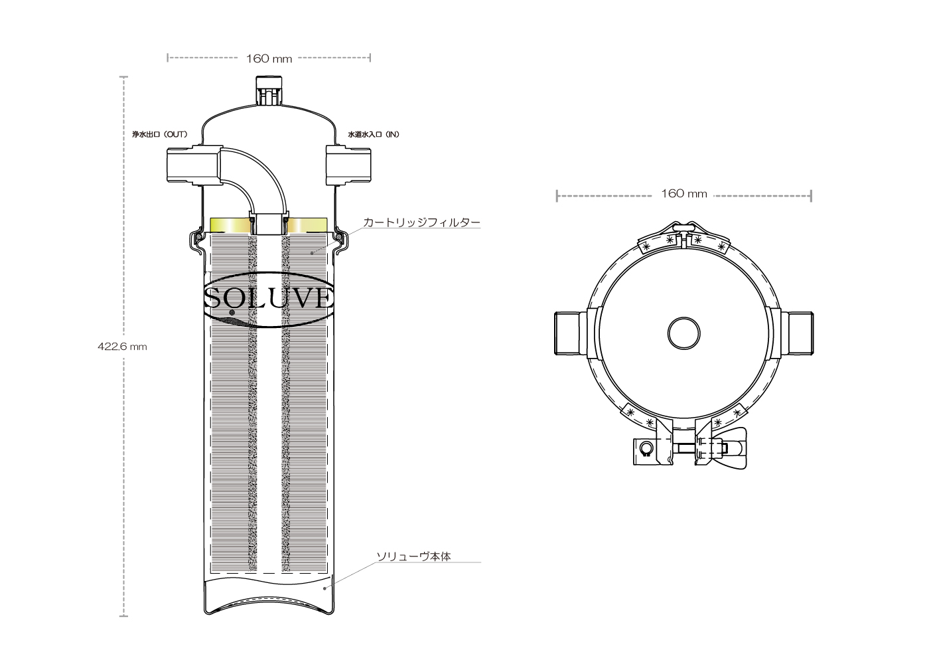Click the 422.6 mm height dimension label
[x=122, y=347]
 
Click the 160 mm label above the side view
[x=269, y=58]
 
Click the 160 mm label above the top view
[x=684, y=193]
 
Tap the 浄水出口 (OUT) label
[x=160, y=134]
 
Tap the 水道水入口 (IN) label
[x=373, y=134]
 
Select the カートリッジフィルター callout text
[x=421, y=222]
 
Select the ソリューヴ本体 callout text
[x=413, y=556]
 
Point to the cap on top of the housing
[x=269, y=90]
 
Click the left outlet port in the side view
[x=194, y=165]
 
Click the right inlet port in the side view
[x=348, y=165]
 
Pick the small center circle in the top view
[x=684, y=333]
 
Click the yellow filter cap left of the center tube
[x=231, y=225]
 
